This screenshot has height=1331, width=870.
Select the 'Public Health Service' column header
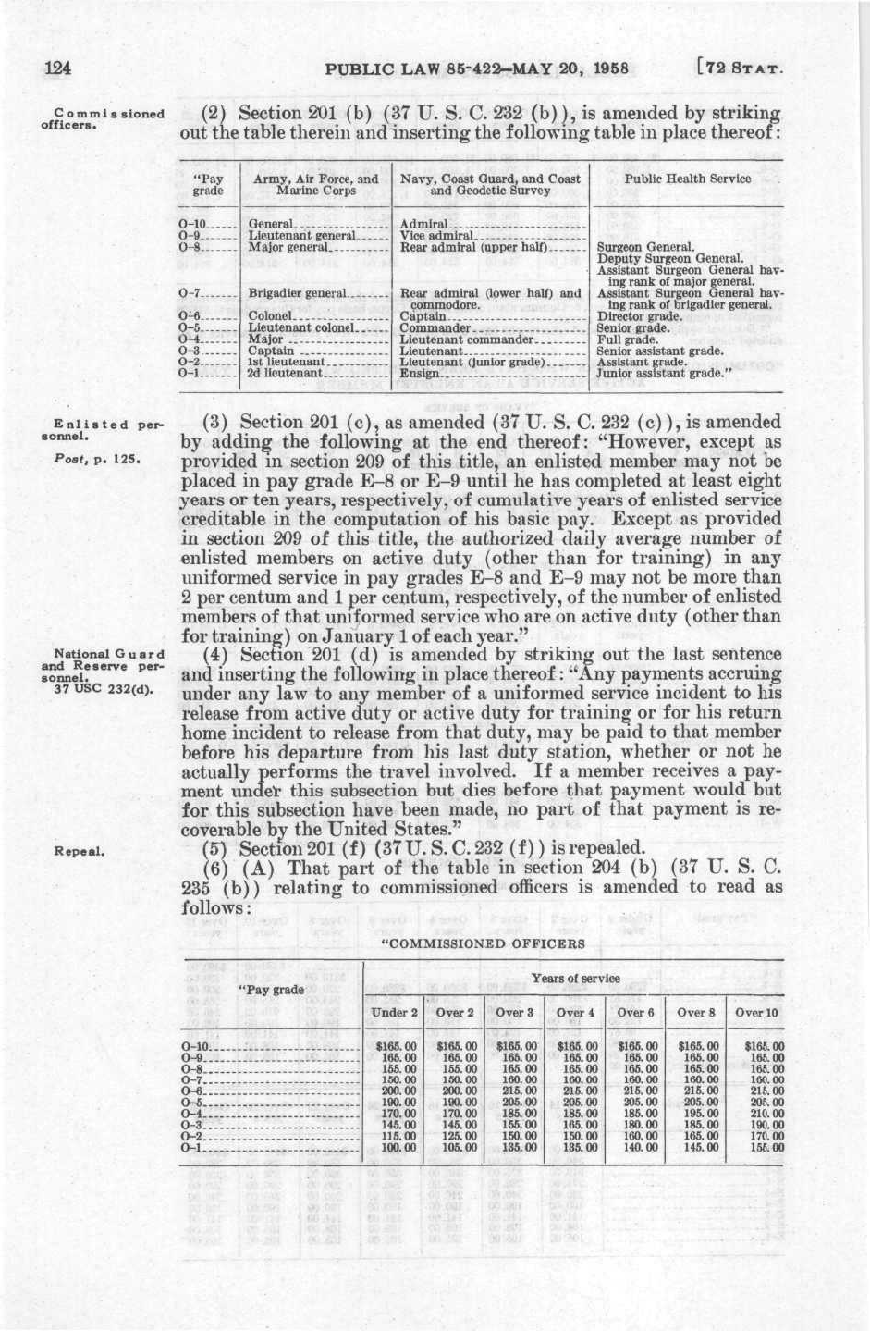click(x=688, y=179)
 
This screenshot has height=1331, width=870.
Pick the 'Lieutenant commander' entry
click(x=468, y=339)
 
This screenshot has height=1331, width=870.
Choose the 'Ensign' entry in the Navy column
click(x=421, y=374)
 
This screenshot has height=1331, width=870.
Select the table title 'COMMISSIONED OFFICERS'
click(x=484, y=944)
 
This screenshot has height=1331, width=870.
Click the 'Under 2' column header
click(x=395, y=1012)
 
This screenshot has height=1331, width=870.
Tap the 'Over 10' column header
click(x=756, y=1012)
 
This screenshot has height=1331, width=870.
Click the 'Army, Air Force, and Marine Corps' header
click(x=315, y=184)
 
